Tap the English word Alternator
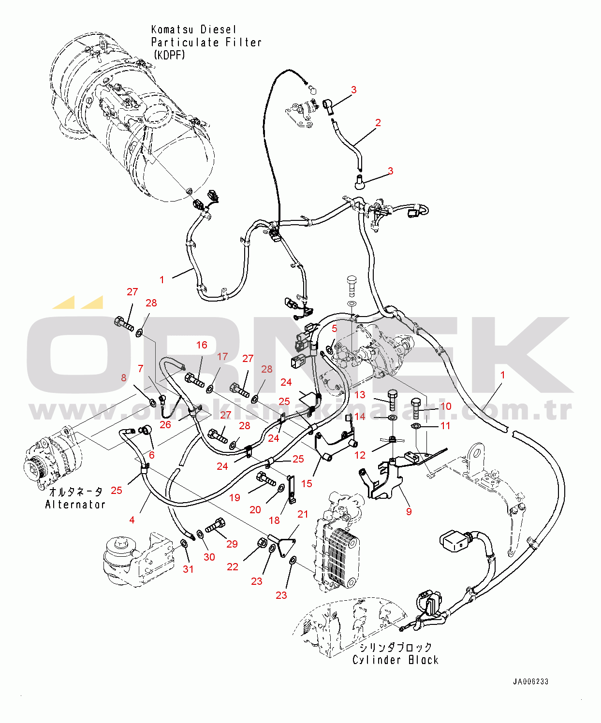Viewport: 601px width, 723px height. pos(75,505)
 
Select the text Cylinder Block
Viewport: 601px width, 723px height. pos(395,660)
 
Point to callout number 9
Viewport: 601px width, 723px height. pos(409,511)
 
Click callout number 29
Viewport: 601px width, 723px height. pos(232,544)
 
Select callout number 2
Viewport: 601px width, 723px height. pos(378,123)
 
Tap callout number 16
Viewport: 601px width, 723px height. pos(202,345)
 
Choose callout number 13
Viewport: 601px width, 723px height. pos(360,395)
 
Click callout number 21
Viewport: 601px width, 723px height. pos(303,514)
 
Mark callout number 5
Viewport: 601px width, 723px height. pos(334,328)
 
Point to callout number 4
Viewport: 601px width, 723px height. pos(132,520)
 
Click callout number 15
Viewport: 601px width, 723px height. pos(307,484)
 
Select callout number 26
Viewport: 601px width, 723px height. pos(165,424)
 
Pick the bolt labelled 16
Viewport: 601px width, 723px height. pos(195,380)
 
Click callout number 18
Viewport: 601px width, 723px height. pos(274,520)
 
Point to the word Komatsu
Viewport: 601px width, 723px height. pos(172,29)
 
